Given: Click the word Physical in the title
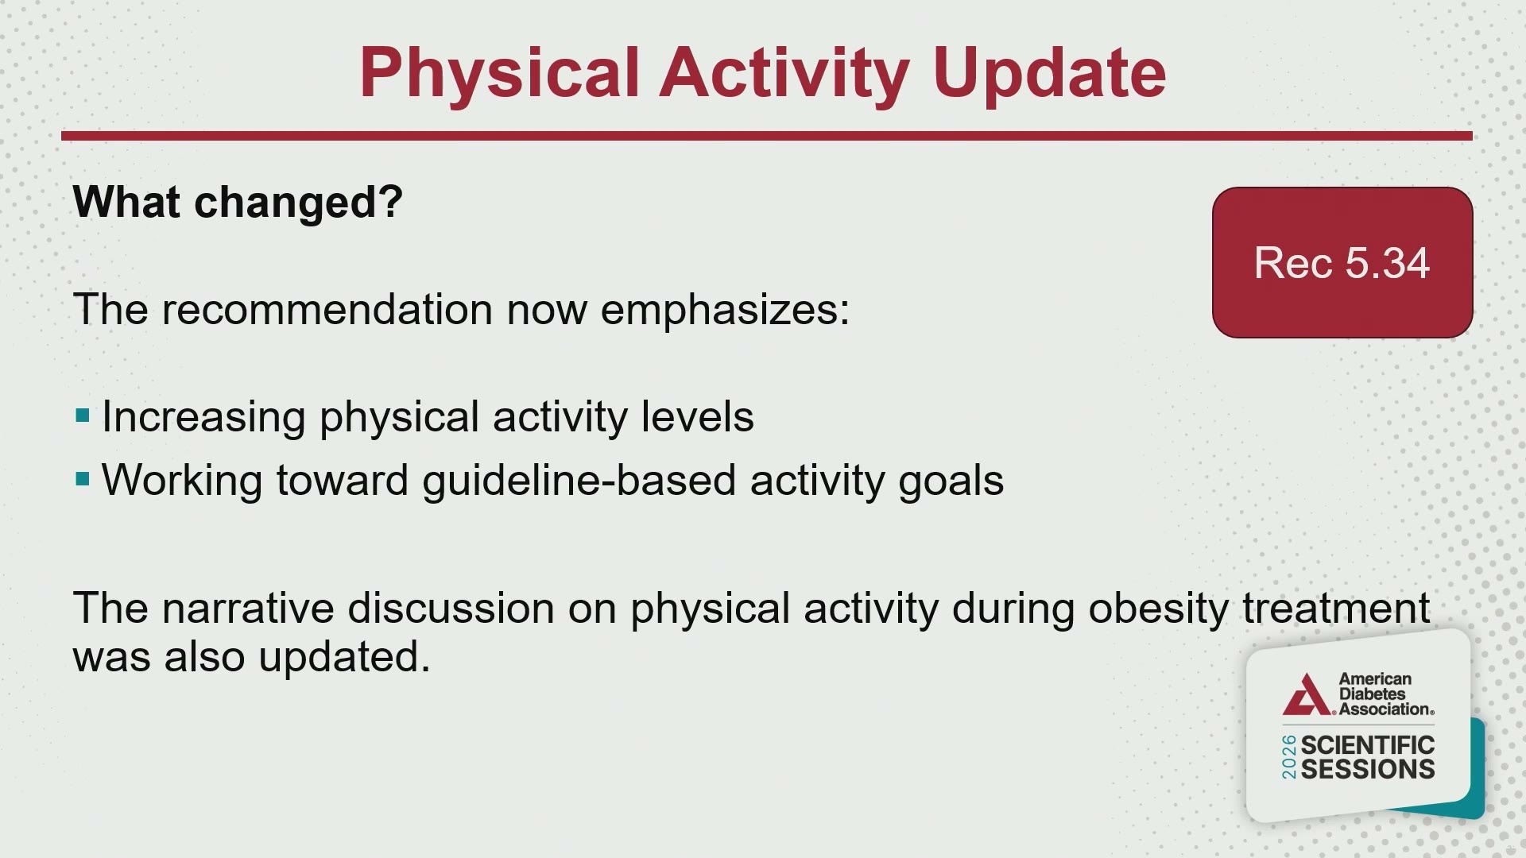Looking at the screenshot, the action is coord(500,74).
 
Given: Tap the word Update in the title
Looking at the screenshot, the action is coord(1049,74).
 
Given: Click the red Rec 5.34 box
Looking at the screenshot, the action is coord(1342,262).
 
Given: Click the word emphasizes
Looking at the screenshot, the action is coord(725,309).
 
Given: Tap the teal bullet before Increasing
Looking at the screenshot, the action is coord(83,415).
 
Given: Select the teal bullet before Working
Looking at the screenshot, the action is coord(83,479).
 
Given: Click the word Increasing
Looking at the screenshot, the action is coord(203,418).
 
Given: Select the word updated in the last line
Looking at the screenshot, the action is coord(344,657).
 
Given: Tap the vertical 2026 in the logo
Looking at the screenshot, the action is coord(1289,757).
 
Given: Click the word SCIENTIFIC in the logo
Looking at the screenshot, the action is coord(1368,745).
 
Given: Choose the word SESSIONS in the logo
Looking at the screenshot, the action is coord(1368,769).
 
